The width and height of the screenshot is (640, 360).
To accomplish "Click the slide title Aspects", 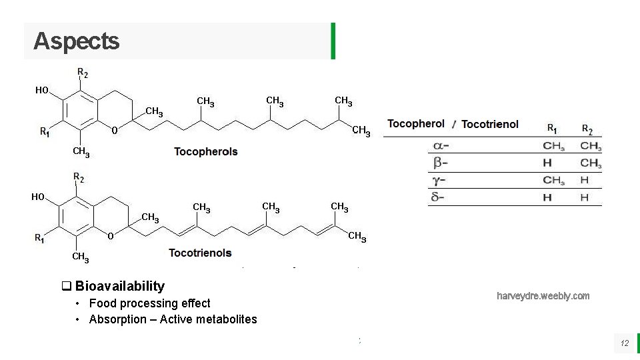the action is click(76, 41).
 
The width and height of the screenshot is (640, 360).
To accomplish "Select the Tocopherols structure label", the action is click(205, 151).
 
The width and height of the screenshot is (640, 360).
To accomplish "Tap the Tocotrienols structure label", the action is click(200, 253).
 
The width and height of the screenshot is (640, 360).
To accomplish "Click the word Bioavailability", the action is click(119, 286).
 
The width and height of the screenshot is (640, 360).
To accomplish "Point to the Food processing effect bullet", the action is click(149, 303).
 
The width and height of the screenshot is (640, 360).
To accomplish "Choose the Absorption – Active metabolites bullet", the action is click(173, 319).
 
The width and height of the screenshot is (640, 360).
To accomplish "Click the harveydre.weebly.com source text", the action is click(543, 296).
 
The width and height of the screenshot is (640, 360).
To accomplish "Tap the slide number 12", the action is click(625, 343).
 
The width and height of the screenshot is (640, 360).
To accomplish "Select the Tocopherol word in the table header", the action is click(415, 124).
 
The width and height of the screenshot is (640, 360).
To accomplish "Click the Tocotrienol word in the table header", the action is click(489, 125).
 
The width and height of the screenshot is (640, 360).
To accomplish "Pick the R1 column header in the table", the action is click(553, 128).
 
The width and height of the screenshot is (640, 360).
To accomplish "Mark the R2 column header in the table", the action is click(587, 128).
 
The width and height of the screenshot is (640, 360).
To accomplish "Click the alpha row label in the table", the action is click(441, 147).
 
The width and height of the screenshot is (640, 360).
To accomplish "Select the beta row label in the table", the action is click(441, 163).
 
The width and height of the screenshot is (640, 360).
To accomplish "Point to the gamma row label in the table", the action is click(440, 180).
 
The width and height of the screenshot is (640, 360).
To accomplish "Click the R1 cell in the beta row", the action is click(547, 163).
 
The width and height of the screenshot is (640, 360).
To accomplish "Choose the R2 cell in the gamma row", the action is click(585, 180).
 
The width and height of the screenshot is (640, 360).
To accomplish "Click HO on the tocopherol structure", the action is click(42, 91).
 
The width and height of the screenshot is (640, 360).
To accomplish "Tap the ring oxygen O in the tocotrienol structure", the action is click(111, 235).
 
